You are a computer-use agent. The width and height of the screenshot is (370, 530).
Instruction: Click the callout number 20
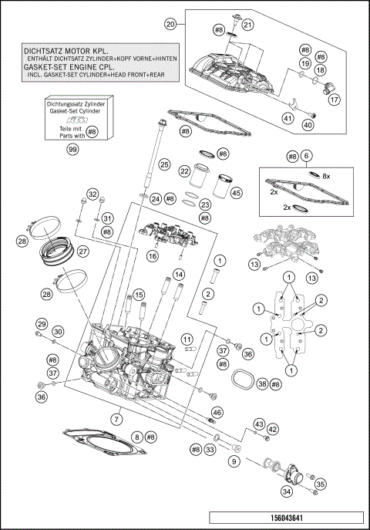pyautogui.click(x=170, y=25)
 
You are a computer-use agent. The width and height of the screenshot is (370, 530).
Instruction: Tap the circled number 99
pyautogui.click(x=73, y=149)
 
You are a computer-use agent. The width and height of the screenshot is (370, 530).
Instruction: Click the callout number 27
pyautogui.click(x=82, y=251)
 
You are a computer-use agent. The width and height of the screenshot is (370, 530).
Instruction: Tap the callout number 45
pyautogui.click(x=237, y=193)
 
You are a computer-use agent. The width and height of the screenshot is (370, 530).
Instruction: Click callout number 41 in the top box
pyautogui.click(x=288, y=118)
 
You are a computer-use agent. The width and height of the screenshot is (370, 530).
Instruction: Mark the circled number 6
pyautogui.click(x=307, y=156)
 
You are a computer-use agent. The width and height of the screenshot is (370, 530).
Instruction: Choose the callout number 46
pyautogui.click(x=217, y=414)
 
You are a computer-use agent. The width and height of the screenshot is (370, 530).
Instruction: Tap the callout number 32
pyautogui.click(x=92, y=193)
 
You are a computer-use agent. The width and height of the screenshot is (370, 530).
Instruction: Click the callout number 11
pyautogui.click(x=186, y=338)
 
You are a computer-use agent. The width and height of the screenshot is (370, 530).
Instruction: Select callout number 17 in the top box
pyautogui.click(x=335, y=99)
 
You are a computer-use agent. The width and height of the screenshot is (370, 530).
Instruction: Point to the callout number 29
pyautogui.click(x=42, y=323)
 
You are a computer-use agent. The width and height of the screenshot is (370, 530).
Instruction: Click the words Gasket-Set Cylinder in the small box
pyautogui.click(x=73, y=112)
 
